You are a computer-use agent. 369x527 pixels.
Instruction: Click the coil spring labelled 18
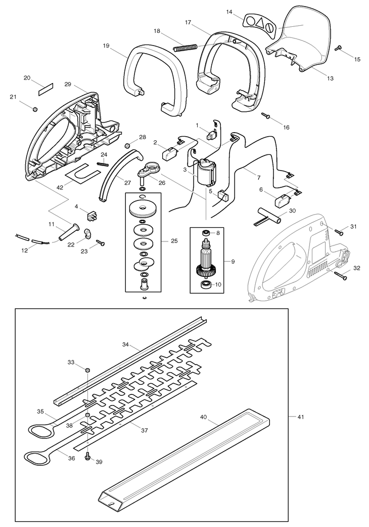pyautogui.click(x=184, y=48)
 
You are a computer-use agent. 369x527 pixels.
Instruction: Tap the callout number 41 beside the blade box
pyautogui.click(x=300, y=417)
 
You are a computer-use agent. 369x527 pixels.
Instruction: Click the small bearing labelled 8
pyautogui.click(x=205, y=233)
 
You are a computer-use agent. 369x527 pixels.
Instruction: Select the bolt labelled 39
pyautogui.click(x=88, y=456)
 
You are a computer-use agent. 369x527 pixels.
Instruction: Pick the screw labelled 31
pyautogui.click(x=339, y=231)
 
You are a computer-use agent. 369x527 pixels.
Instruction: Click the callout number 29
pyautogui.click(x=68, y=84)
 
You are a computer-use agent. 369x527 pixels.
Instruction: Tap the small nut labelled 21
pyautogui.click(x=34, y=109)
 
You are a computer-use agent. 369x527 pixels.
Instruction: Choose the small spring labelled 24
pyautogui.click(x=103, y=164)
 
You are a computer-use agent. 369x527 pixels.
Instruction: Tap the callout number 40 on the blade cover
pyautogui.click(x=203, y=417)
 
